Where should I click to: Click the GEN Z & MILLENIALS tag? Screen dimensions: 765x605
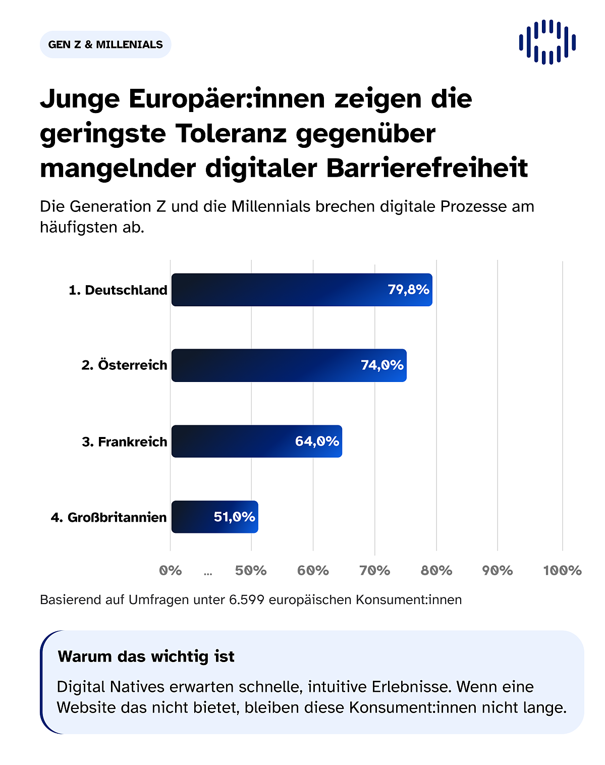105,44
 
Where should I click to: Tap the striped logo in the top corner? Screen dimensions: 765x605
547,42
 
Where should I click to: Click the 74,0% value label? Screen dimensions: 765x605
382,365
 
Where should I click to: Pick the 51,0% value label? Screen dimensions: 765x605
234,517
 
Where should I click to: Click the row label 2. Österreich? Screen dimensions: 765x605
124,365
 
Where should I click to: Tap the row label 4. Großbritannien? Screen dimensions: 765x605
108,517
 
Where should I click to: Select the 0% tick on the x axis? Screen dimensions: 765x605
171,570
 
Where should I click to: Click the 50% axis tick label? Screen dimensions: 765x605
251,570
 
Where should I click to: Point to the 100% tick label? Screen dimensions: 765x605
562,570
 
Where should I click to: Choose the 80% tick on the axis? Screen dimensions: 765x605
436,570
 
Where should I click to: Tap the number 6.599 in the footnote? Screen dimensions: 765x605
246,599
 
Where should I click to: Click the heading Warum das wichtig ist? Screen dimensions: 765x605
146,656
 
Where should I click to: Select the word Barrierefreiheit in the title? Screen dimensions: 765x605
427,168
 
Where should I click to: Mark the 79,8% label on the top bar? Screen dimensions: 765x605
408,289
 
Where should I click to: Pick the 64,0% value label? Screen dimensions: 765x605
317,441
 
